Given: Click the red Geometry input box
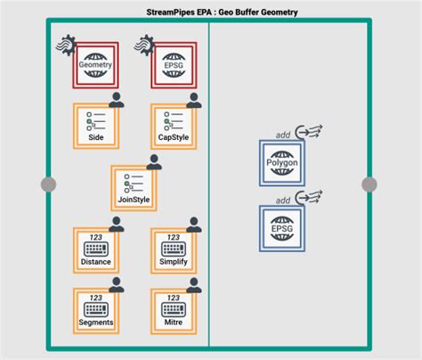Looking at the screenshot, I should click(96, 63).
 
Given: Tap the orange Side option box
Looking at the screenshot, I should click(96, 126).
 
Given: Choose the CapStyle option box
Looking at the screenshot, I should click(173, 126).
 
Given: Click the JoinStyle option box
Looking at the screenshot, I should click(134, 187).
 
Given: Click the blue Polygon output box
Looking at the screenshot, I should click(281, 162).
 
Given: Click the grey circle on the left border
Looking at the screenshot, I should click(48, 184).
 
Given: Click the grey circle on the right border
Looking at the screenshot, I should click(369, 184).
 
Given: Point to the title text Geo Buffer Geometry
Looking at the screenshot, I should click(222, 12).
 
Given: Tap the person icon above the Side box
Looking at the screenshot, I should click(116, 101).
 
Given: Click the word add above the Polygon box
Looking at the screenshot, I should click(283, 134).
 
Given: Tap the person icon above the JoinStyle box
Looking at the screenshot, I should click(154, 162).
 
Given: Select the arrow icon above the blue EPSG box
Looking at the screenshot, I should click(309, 200).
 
